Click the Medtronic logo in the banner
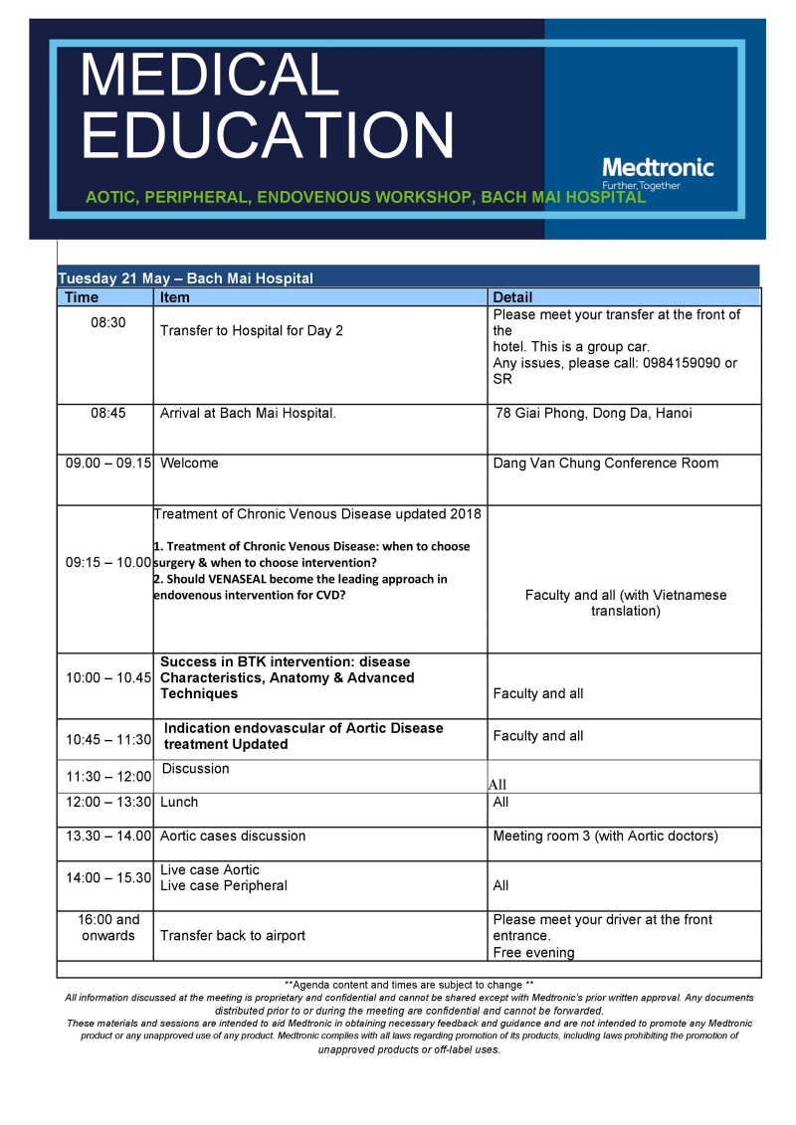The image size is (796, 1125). (x=658, y=168)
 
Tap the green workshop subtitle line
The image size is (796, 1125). (x=365, y=197)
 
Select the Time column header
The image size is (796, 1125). (x=82, y=297)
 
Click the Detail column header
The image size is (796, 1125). (x=512, y=297)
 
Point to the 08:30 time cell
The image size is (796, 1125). (x=107, y=323)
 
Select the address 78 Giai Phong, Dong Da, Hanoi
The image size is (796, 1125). (x=593, y=413)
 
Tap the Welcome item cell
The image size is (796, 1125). (x=189, y=463)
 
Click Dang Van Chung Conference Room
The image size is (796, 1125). (x=605, y=463)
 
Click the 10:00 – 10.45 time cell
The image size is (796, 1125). (x=107, y=677)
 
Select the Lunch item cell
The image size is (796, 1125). (x=179, y=802)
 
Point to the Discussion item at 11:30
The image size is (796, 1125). (x=195, y=769)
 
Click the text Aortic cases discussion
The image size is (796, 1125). (x=233, y=837)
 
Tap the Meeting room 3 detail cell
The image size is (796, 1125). (x=605, y=837)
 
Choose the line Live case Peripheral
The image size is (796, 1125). (x=223, y=885)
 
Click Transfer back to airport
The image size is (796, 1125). (x=233, y=935)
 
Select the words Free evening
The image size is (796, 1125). (x=533, y=953)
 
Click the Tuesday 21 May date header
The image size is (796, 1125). (x=185, y=279)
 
